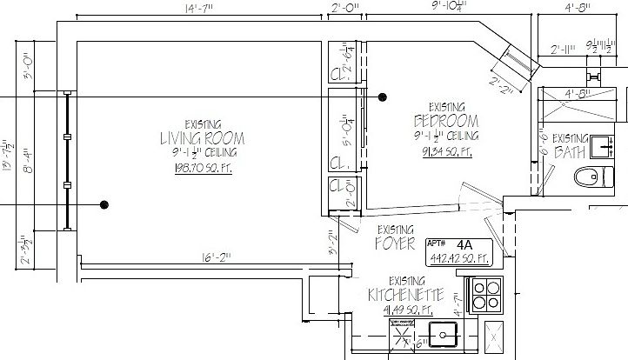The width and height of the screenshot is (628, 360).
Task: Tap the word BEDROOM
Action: point(447,120)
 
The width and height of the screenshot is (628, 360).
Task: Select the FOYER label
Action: point(396,244)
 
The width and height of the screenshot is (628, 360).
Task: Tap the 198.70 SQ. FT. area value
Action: point(202,167)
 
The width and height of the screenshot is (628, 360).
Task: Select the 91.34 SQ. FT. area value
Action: point(446,152)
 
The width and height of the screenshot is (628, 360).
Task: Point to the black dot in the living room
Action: point(104,205)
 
